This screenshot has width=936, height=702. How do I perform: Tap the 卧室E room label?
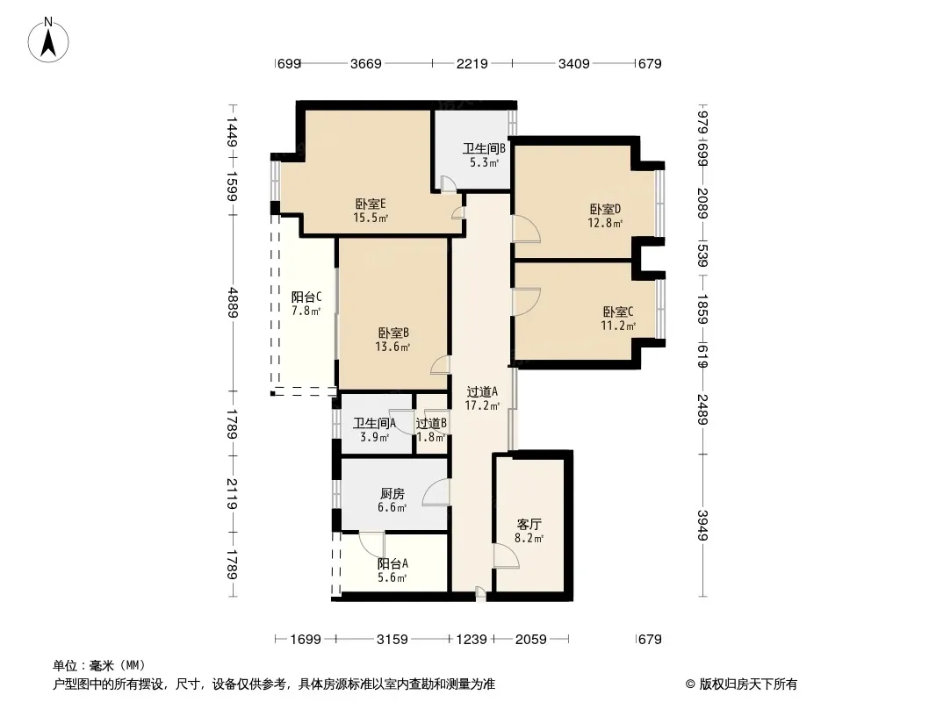click(x=371, y=204)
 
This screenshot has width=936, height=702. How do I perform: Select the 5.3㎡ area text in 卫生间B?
click(x=484, y=162)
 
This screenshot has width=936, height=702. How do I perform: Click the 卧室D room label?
click(x=605, y=210)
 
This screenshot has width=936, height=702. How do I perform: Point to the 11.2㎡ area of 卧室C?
click(x=618, y=326)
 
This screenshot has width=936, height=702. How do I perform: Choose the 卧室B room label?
click(x=393, y=333)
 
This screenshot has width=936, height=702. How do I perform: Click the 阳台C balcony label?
click(x=306, y=297)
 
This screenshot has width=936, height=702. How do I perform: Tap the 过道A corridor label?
click(x=482, y=392)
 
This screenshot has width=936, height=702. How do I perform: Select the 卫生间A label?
click(x=374, y=424)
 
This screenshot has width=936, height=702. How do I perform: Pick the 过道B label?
click(x=432, y=424)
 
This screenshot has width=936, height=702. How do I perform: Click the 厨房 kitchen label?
click(x=392, y=494)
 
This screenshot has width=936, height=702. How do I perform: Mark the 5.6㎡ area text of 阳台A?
click(x=392, y=577)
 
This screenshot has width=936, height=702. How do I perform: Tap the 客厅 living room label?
click(x=529, y=524)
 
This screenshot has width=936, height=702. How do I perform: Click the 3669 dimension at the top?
click(x=366, y=63)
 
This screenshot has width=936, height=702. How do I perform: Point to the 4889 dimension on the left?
click(x=232, y=303)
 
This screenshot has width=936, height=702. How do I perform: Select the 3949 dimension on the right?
click(x=702, y=526)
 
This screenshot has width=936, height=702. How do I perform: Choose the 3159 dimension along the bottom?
click(x=392, y=640)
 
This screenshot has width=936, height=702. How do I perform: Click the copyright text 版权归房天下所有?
click(x=748, y=684)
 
